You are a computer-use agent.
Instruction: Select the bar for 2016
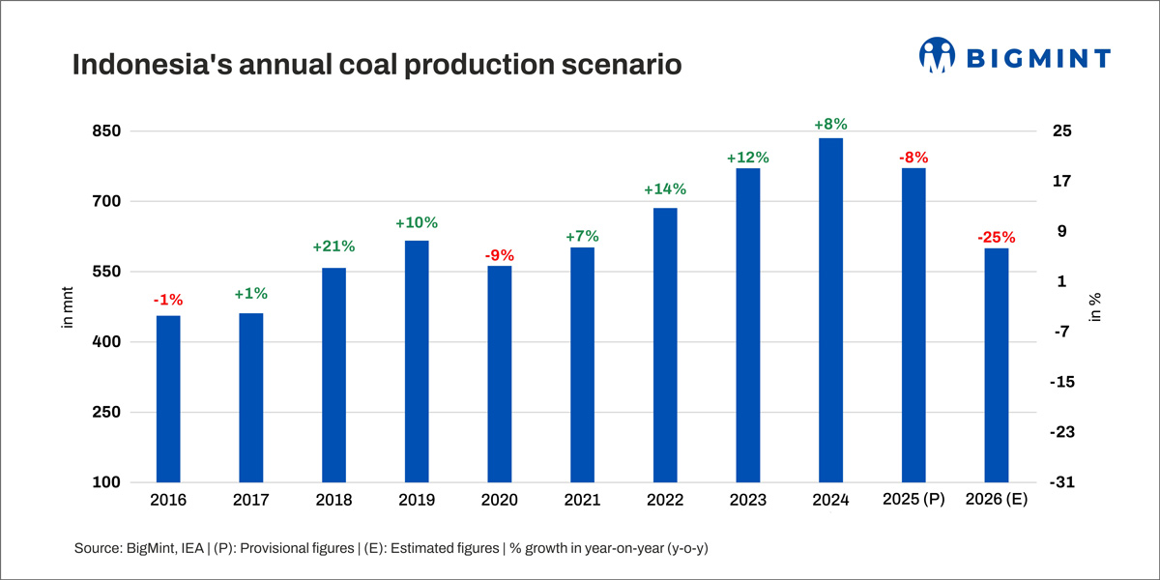pos(168,398)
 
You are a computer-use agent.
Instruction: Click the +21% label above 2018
pos(333,247)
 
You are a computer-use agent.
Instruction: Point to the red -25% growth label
pos(996,237)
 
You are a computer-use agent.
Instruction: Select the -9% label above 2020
pos(499,256)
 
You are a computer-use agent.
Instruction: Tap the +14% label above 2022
pos(665,189)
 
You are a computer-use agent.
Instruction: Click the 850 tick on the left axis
pos(106,131)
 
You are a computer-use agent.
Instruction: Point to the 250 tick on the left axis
pos(106,413)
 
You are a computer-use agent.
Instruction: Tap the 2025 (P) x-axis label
pos(913,500)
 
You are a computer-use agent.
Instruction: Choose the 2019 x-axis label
pos(417,500)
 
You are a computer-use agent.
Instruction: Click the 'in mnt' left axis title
pos(68,306)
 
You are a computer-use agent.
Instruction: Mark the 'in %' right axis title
pos(1095,306)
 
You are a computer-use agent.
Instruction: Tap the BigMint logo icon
pos(937,56)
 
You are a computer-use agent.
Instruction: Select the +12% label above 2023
pos(748,158)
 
